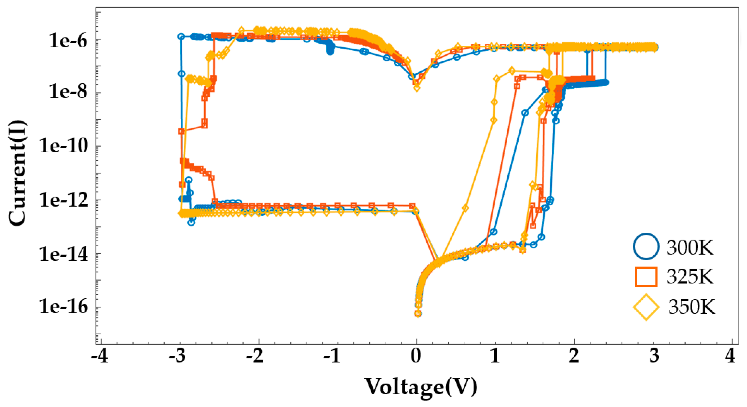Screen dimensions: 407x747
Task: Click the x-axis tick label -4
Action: coord(99,356)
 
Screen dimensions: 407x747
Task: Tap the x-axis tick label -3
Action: coord(177,356)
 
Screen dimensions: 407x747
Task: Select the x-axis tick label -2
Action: coord(255,356)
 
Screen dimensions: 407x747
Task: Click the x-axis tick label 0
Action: coord(416,356)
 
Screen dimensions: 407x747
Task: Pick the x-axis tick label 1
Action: coord(495,356)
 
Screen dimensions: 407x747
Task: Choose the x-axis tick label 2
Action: coord(574,356)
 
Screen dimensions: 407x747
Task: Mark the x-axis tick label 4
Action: coord(730,356)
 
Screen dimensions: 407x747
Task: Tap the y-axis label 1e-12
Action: coord(63,200)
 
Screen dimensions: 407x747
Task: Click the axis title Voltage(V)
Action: coord(421,387)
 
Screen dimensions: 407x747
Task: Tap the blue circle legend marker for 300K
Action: coord(646,247)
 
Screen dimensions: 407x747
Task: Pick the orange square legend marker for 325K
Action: coord(646,277)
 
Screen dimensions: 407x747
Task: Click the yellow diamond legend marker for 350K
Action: coord(646,307)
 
